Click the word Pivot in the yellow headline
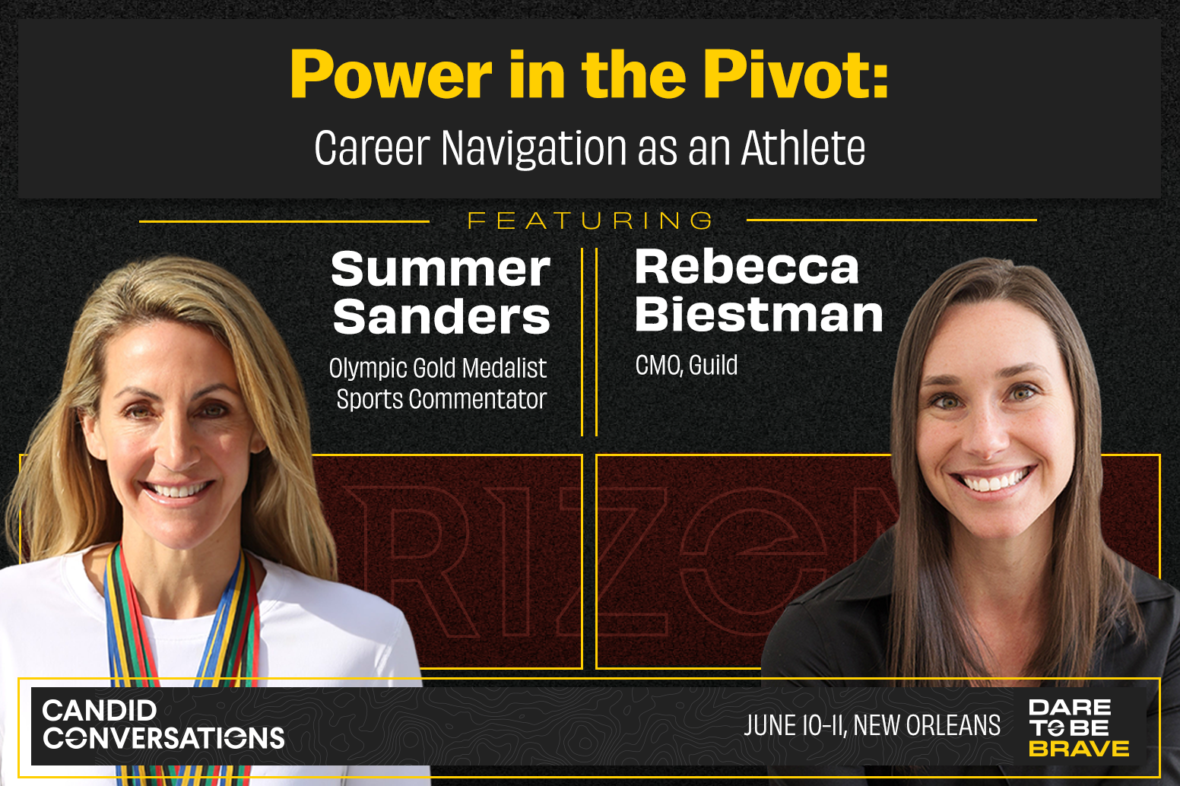795,74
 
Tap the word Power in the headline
391,74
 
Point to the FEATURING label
590,220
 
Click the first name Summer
440,269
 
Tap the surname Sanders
442,316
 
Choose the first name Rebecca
747,267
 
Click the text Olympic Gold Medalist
438,368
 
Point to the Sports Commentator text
442,399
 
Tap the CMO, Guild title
687,365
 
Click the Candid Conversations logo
163,724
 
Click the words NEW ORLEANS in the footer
927,725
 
